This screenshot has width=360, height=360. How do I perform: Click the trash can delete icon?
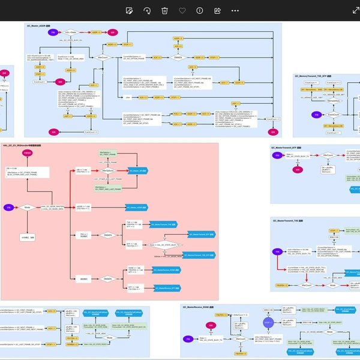(164, 10)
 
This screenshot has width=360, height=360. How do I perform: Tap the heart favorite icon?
(182, 10)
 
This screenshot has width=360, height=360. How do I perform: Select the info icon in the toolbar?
(200, 10)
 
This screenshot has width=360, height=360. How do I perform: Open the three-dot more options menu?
(235, 10)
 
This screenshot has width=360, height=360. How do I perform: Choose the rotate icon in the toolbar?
(147, 10)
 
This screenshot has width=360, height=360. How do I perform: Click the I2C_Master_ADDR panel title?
(41, 26)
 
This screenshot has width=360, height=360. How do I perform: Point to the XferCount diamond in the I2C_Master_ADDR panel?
(103, 58)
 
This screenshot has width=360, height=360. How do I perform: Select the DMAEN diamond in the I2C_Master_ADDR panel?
(178, 58)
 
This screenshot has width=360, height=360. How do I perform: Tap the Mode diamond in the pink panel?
(27, 208)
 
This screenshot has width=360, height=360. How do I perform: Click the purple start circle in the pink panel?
(9, 208)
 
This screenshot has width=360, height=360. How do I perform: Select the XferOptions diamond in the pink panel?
(108, 171)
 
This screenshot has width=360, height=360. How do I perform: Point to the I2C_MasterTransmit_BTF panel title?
(287, 147)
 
